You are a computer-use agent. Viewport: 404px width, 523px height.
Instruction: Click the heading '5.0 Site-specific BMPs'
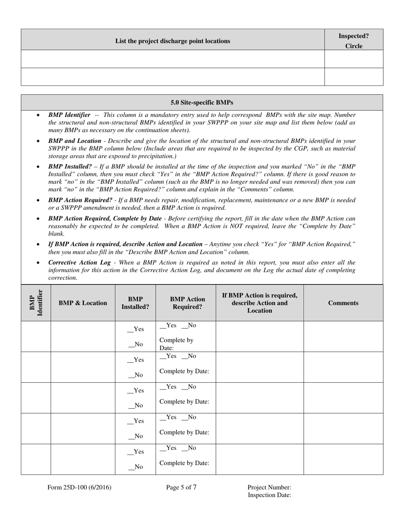[x=202, y=102]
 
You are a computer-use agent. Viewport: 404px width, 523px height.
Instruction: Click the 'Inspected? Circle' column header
[x=353, y=41]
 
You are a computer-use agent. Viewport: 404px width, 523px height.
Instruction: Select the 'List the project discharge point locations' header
[x=173, y=41]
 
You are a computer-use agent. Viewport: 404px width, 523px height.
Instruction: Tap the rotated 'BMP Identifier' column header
[x=36, y=303]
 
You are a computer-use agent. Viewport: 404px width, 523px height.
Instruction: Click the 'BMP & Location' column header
[x=83, y=303]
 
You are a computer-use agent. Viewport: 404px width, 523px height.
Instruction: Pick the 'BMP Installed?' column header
[x=135, y=303]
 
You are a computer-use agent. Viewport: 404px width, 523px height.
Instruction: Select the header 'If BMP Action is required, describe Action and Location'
[x=259, y=303]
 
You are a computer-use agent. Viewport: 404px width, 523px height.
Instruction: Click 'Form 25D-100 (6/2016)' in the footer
[x=80, y=488]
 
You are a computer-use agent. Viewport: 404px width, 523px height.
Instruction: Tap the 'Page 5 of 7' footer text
[x=181, y=488]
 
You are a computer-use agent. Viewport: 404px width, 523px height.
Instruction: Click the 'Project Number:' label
[x=269, y=488]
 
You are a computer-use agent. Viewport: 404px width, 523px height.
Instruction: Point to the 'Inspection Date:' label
[x=269, y=495]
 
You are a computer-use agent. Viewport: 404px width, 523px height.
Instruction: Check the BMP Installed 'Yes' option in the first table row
[x=136, y=329]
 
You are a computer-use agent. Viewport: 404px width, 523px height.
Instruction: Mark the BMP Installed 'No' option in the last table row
[x=136, y=467]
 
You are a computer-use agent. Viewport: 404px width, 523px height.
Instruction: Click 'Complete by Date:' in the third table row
[x=184, y=401]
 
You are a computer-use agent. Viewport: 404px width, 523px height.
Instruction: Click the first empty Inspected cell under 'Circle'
[x=353, y=59]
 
